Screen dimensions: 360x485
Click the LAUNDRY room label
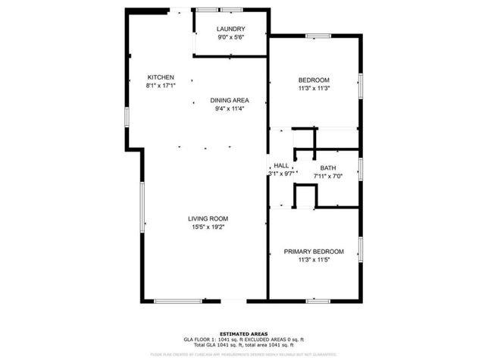tap(230, 29)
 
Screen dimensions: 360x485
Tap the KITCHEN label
tap(161, 77)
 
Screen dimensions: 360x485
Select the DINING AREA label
tap(230, 100)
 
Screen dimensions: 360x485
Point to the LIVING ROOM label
tap(208, 218)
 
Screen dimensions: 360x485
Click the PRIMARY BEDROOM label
tap(314, 252)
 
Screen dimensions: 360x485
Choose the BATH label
tap(327, 167)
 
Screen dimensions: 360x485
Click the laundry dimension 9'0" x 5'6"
tap(230, 37)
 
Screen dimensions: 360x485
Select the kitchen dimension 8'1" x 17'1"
tap(161, 86)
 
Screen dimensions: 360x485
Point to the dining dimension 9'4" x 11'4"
tap(230, 108)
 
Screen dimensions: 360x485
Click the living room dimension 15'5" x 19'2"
tap(208, 227)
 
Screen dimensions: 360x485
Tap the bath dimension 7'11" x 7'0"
tap(329, 176)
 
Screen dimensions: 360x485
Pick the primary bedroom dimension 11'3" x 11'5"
tap(314, 260)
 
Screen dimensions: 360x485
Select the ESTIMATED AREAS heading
tap(242, 333)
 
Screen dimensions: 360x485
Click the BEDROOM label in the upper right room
tap(314, 80)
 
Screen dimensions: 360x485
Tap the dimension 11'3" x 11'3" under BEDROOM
tap(314, 89)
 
